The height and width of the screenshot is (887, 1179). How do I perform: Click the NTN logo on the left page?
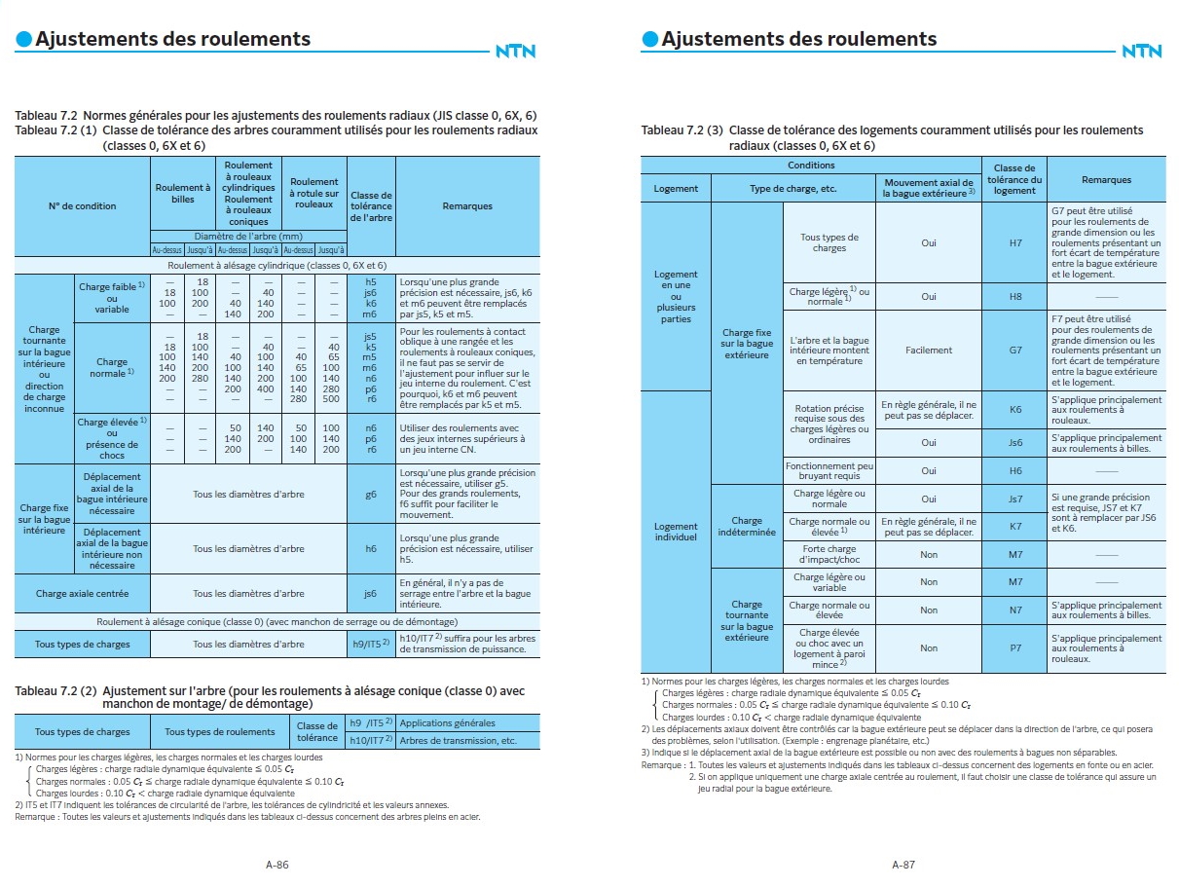coord(515,51)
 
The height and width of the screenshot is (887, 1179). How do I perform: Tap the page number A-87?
coord(903,864)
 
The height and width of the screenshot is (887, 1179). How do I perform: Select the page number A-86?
coord(276,864)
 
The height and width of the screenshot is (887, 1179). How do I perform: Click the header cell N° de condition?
coord(82,206)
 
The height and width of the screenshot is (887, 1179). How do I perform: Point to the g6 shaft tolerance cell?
coord(371,494)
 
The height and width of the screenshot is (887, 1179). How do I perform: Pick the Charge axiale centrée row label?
coord(82,593)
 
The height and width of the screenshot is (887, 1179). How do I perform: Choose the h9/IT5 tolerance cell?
coord(371,644)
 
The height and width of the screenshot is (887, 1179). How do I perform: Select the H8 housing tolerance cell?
coord(1014,296)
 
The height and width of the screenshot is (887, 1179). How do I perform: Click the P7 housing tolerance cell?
coord(1014,647)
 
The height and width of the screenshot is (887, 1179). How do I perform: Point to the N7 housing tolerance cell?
coord(1014,610)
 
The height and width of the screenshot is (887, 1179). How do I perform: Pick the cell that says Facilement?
coord(928,350)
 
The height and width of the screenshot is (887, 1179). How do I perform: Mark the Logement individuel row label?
coord(676,532)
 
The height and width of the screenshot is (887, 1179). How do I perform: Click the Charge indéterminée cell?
coord(747,527)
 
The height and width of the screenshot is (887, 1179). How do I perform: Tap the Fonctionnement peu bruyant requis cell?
coord(829,470)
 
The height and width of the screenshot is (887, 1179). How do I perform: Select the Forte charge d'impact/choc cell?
coord(829,554)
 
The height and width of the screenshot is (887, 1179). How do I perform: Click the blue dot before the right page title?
coord(649,39)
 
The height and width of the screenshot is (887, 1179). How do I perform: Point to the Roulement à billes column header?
coord(183,193)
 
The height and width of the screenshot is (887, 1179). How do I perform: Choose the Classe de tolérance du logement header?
coord(1014,179)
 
